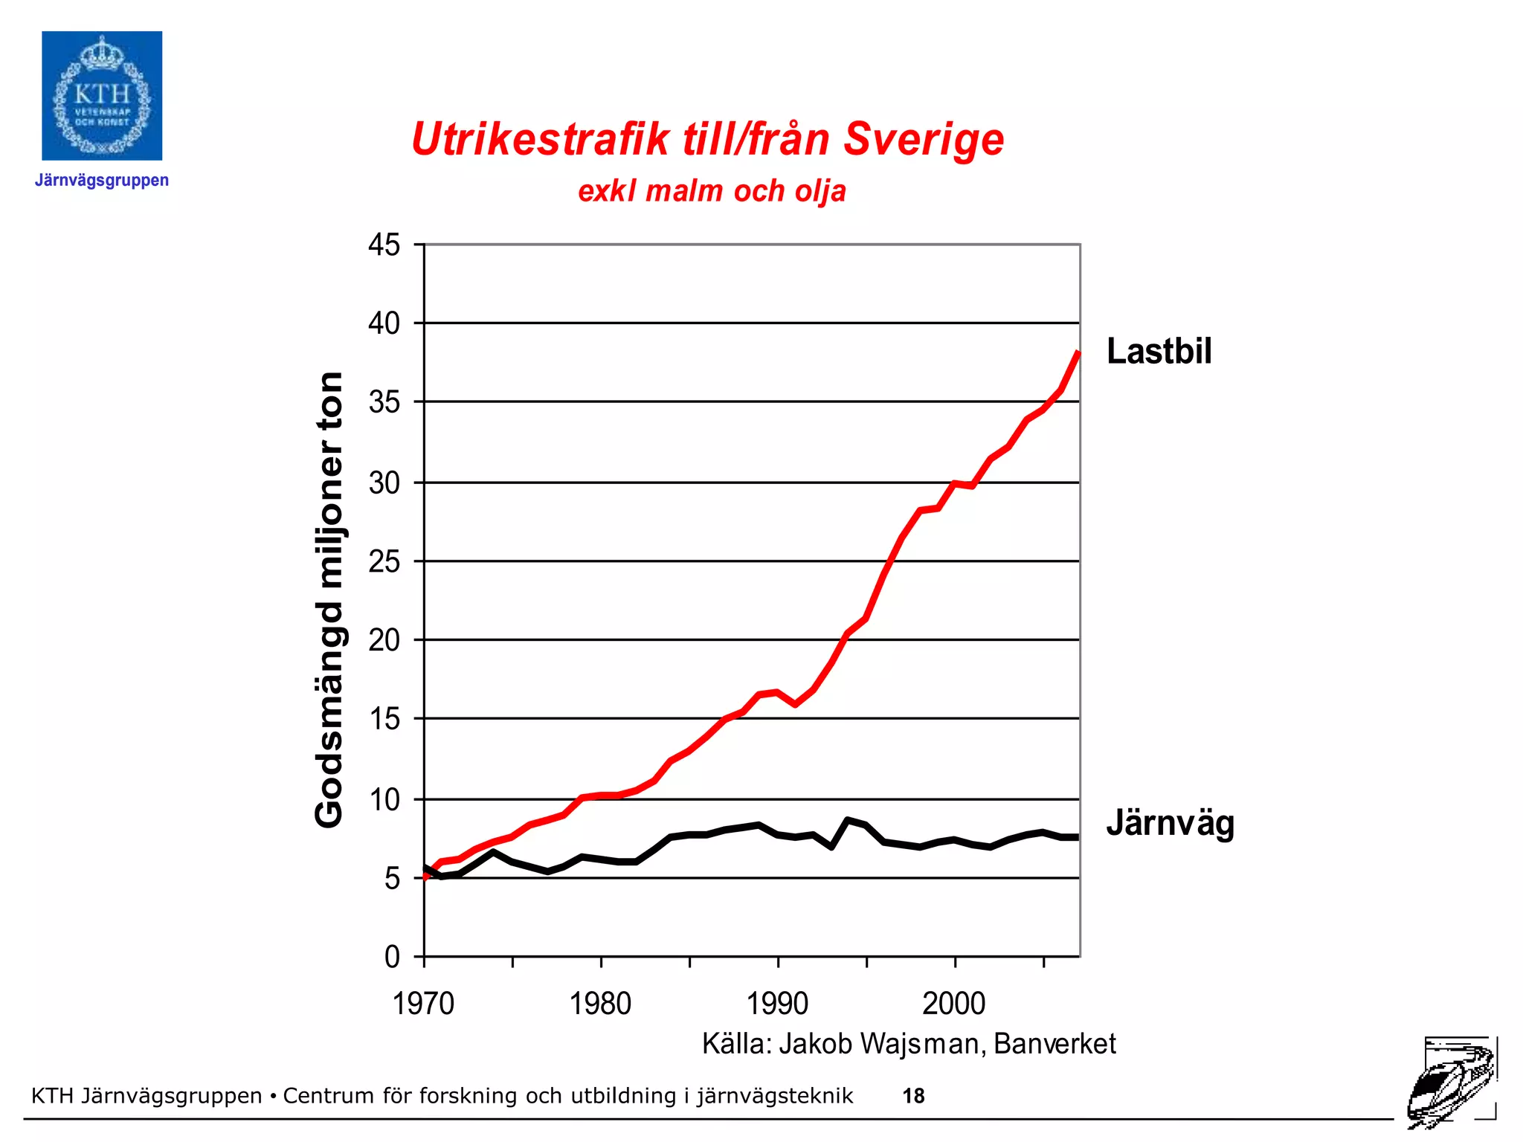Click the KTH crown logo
pyautogui.click(x=102, y=96)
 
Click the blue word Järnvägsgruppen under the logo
pyautogui.click(x=102, y=181)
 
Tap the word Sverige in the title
pyautogui.click(x=924, y=140)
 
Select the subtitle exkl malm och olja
pyautogui.click(x=712, y=191)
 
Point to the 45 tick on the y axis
pyautogui.click(x=384, y=245)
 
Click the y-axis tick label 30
pyautogui.click(x=384, y=483)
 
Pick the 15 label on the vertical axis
pyautogui.click(x=384, y=719)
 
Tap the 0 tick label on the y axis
pyautogui.click(x=392, y=957)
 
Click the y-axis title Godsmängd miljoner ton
pyautogui.click(x=329, y=599)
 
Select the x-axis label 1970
pyautogui.click(x=423, y=1004)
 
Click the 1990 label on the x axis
pyautogui.click(x=777, y=1004)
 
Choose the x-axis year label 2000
pyautogui.click(x=954, y=1004)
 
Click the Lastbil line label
pyautogui.click(x=1159, y=351)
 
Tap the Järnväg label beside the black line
pyautogui.click(x=1170, y=824)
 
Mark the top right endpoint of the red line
pyautogui.click(x=1078, y=354)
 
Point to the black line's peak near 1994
pyautogui.click(x=848, y=820)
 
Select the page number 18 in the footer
pyautogui.click(x=913, y=1096)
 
